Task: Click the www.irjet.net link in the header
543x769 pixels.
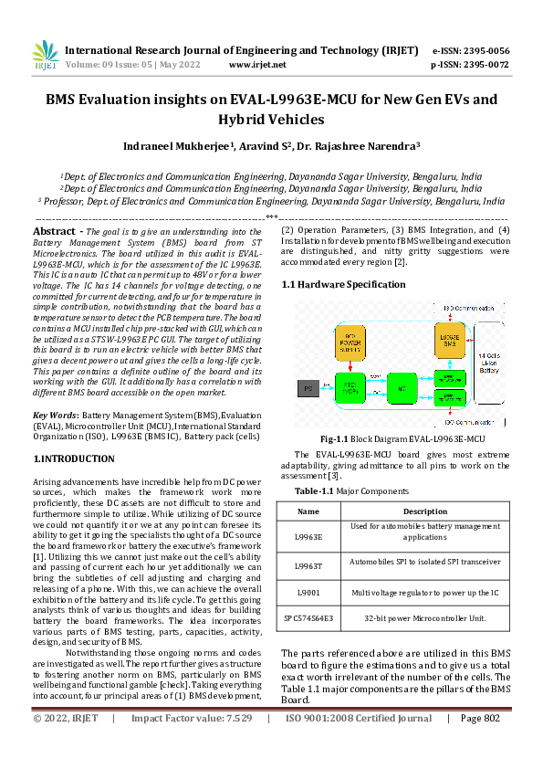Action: [x=257, y=65]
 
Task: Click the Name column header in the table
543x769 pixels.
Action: [x=308, y=511]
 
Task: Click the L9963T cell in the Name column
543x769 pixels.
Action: [x=308, y=566]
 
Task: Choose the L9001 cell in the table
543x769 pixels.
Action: [x=308, y=592]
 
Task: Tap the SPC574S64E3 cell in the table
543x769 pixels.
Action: [x=308, y=618]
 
